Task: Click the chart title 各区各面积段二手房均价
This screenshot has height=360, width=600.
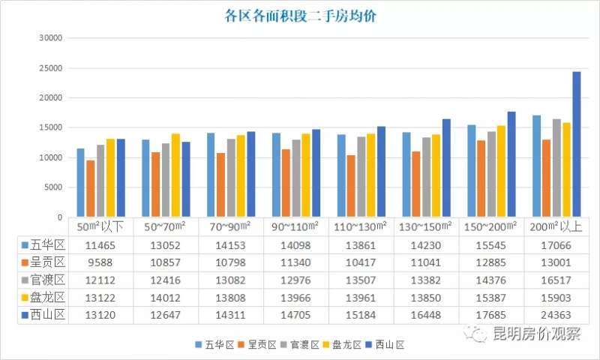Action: pos(300,15)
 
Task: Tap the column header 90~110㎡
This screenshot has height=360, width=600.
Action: pos(296,226)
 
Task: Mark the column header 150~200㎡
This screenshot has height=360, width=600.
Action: pos(492,226)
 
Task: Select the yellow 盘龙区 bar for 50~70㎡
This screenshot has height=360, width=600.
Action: pos(176,175)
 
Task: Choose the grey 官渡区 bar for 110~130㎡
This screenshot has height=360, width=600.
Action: pos(361,177)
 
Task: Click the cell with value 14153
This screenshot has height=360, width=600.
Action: pos(231,244)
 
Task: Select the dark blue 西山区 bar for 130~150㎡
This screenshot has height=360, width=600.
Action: pos(446,168)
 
